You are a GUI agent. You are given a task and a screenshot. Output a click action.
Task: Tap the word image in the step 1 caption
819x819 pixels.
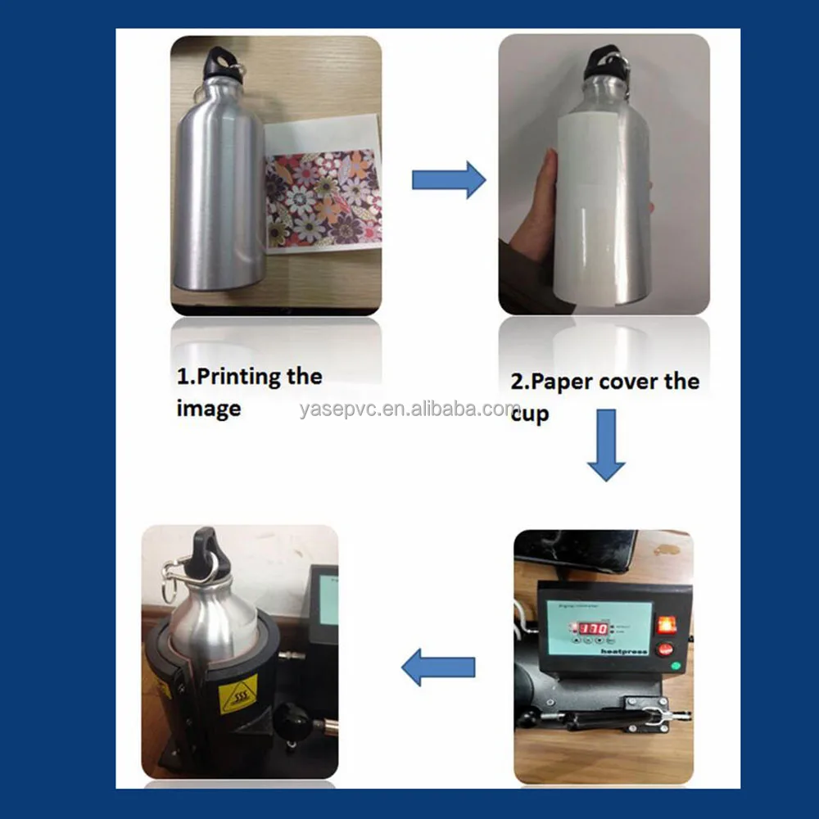[x=208, y=408]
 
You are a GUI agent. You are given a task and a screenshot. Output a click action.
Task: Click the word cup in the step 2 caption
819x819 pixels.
[x=530, y=414]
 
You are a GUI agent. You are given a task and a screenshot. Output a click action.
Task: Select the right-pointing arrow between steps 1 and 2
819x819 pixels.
[x=448, y=179]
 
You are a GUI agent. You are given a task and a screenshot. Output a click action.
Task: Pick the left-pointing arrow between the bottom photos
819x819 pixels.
[x=438, y=667]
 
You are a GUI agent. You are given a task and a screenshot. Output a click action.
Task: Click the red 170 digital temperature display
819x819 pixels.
[x=589, y=629]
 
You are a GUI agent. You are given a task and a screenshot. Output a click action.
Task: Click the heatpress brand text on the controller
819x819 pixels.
[x=628, y=652]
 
